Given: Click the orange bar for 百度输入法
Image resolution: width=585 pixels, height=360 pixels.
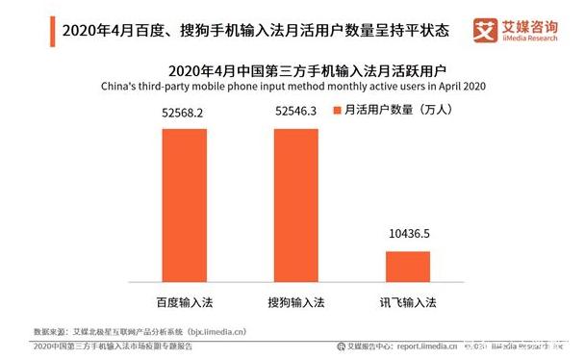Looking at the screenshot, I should click(x=184, y=203).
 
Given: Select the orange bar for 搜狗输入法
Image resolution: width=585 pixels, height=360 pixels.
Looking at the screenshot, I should click(x=295, y=203).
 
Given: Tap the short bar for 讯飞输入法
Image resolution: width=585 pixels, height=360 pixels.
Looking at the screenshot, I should click(x=407, y=265).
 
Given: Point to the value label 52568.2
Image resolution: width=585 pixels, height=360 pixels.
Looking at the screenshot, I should click(x=184, y=114).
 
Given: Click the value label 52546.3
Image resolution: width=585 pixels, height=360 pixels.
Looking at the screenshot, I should click(x=295, y=114).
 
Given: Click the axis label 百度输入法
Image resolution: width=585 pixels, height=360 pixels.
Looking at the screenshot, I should click(x=184, y=300).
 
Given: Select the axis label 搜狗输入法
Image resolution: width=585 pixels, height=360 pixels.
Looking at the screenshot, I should click(x=295, y=300).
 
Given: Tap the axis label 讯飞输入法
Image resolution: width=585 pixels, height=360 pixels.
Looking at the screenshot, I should click(x=407, y=300).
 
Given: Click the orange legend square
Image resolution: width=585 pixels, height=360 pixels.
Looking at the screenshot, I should click(x=336, y=112).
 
